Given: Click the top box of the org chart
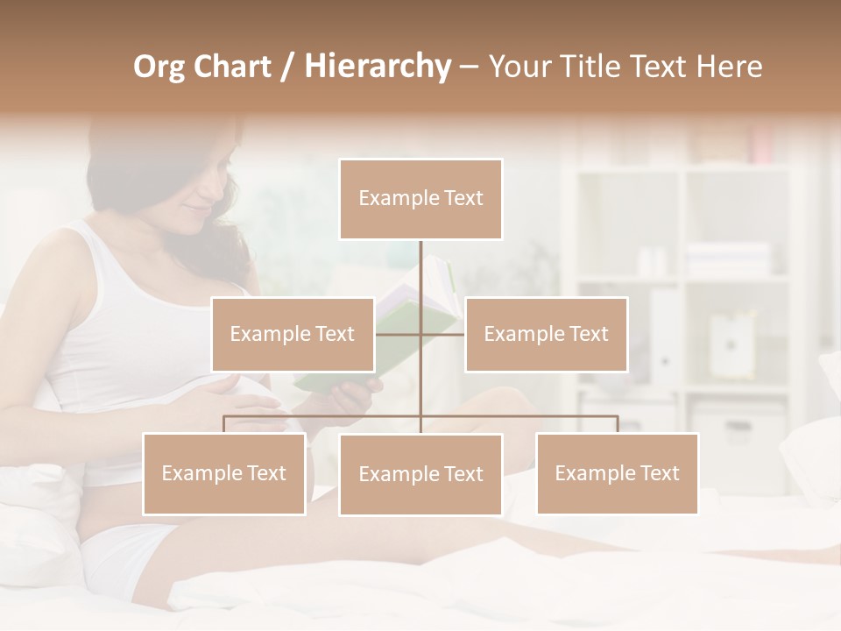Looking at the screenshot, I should tap(420, 199).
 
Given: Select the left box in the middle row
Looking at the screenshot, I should tap(293, 334).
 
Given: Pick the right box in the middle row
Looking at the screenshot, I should tap(546, 334).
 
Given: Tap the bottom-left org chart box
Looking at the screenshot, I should tap(224, 473).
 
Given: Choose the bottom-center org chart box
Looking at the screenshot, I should tap(420, 474).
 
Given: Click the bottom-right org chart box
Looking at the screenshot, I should tap(617, 473).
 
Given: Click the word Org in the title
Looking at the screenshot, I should tap(159, 67).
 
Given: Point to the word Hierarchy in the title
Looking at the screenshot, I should tap(377, 67).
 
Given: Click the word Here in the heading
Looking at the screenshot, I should tap(729, 67).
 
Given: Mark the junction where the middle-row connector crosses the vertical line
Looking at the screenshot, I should tap(420, 334).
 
